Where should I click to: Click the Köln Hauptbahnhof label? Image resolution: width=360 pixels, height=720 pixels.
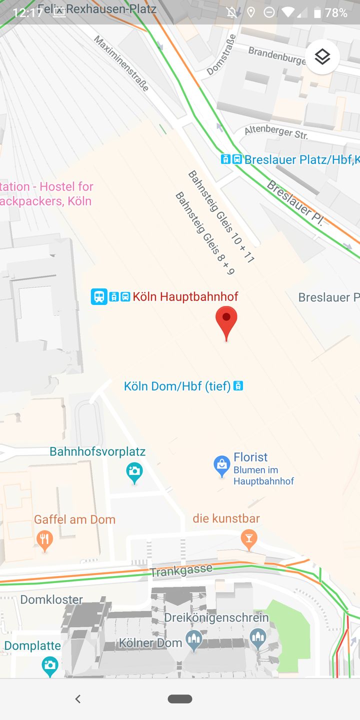185,296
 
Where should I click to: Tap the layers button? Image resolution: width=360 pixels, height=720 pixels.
322,57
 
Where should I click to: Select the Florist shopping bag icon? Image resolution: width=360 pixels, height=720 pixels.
222,466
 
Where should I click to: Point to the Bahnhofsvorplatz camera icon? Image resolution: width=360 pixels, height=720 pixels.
134,471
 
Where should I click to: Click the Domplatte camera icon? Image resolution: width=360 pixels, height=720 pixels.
50,665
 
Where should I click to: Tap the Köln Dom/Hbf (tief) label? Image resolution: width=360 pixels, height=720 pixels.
177,386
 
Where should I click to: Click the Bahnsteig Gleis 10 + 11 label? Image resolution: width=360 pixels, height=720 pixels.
221,216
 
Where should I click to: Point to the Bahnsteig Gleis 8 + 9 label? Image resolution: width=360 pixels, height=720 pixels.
205,233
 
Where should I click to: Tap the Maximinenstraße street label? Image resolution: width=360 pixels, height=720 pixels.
121,63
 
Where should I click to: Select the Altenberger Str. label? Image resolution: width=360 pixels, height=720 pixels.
276,132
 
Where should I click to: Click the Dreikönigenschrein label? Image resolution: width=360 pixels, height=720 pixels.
216,617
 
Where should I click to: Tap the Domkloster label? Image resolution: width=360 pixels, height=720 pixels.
51,599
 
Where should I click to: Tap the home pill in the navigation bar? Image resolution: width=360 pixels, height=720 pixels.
180,699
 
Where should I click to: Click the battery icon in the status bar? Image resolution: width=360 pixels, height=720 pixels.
317,12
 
